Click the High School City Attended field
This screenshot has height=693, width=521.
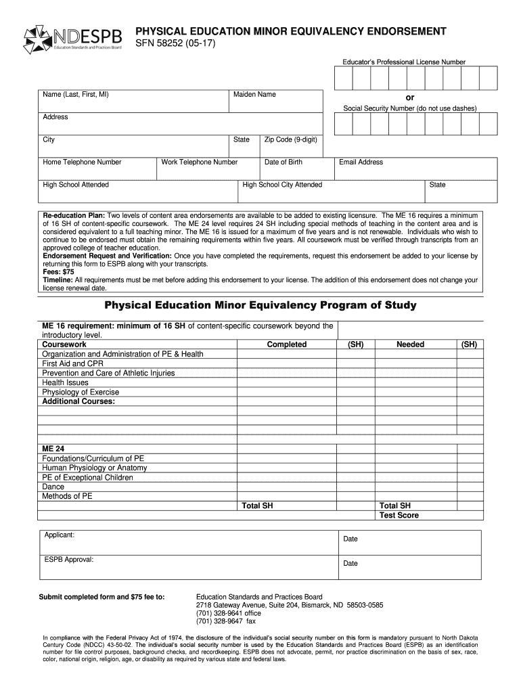(332, 191)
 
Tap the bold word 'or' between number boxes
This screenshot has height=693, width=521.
(409, 97)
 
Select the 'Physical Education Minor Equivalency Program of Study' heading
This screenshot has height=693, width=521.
(260, 305)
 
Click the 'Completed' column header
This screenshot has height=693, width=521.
(286, 344)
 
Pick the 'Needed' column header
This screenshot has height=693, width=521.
(410, 344)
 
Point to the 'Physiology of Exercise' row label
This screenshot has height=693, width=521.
(81, 392)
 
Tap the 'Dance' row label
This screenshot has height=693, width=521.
(53, 487)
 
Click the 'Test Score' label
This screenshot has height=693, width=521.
(399, 515)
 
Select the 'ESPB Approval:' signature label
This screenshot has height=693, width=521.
(69, 560)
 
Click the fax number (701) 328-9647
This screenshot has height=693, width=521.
(226, 621)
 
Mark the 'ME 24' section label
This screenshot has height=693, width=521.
(53, 449)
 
